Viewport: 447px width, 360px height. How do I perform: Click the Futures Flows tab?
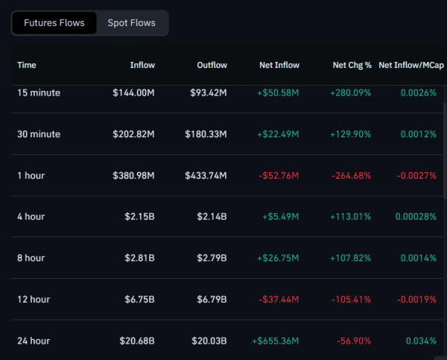click(54, 23)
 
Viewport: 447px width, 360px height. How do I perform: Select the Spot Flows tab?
click(131, 23)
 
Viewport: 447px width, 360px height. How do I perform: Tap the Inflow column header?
click(142, 65)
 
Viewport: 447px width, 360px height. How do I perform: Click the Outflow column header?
click(212, 65)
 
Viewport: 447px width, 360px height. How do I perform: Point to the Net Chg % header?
click(352, 65)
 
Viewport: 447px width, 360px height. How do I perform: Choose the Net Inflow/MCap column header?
click(408, 65)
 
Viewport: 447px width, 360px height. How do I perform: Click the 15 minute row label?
click(39, 93)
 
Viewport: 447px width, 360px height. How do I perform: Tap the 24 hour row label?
click(34, 341)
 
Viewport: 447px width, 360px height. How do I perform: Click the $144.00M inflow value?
click(134, 93)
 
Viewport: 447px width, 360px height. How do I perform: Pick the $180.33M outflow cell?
click(206, 134)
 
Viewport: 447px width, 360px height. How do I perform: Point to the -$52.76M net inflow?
click(277, 176)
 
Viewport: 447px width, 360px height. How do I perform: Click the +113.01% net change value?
click(350, 217)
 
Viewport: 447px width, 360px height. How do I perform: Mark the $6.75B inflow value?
click(139, 300)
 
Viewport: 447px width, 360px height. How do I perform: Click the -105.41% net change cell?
click(351, 300)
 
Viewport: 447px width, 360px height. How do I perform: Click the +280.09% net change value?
click(350, 93)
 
